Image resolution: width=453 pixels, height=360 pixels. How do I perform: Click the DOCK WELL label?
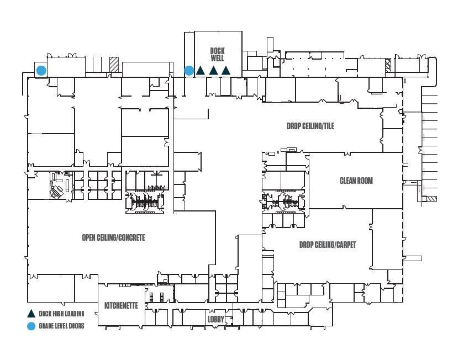point(217,55)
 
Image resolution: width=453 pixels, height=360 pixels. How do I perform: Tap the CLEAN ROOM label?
point(356,181)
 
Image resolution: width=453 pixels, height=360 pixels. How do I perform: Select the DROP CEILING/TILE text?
point(310,126)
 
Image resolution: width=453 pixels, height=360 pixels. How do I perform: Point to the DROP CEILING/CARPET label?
point(328,245)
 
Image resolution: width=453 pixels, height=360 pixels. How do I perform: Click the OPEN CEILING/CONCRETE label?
point(114,237)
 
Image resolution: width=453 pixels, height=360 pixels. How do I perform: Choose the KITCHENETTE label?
point(121,305)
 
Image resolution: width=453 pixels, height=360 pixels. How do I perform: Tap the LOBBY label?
point(216,319)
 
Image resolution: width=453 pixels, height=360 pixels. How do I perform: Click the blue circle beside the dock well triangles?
point(189,71)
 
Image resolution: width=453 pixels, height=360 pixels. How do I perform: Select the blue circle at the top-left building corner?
point(41,71)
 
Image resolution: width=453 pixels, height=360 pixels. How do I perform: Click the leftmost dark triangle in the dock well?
point(200,71)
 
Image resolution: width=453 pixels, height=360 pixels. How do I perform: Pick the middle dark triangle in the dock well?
point(213,71)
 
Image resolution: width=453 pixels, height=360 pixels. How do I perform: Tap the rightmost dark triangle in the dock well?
point(225,71)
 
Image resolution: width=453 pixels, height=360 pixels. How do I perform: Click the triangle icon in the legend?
point(31,314)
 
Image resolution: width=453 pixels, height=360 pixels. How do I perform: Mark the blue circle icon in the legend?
point(31,326)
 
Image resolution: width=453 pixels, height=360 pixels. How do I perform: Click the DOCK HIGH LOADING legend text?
point(61,314)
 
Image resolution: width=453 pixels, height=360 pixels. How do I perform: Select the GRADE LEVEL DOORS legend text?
point(61,326)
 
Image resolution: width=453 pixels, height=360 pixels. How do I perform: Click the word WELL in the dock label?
point(217,58)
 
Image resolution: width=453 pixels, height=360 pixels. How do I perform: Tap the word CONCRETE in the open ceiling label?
point(131,237)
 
